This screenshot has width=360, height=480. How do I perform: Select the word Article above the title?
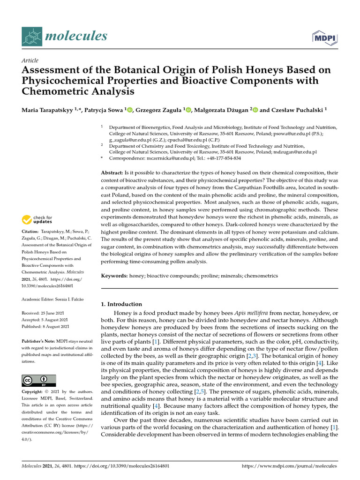[x=30, y=60]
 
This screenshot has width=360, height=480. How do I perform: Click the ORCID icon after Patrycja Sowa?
[x=130, y=110]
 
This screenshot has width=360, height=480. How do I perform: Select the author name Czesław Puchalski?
[x=296, y=110]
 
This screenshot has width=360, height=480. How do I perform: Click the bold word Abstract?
[x=112, y=173]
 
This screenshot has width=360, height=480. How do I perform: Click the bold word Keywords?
[x=115, y=276]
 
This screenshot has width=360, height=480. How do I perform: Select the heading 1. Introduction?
[x=121, y=304]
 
